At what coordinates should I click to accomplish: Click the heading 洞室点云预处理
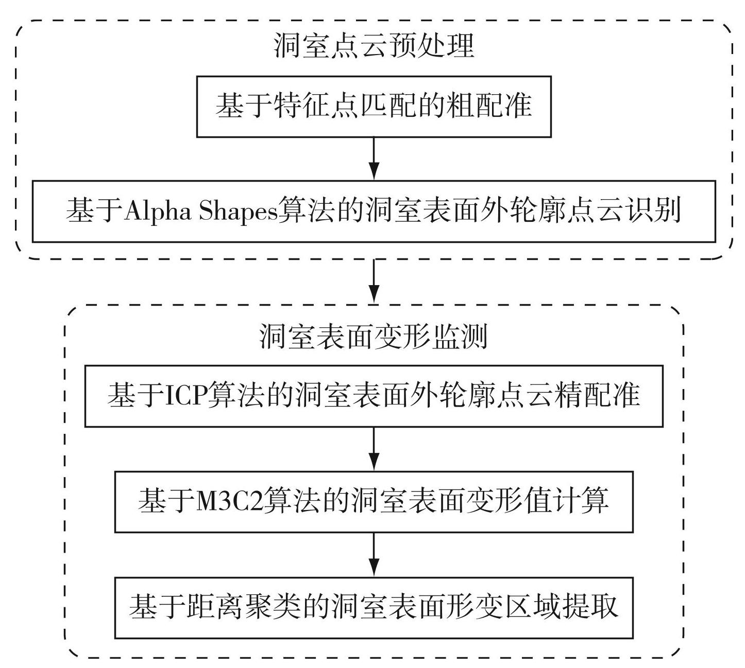coord(374,46)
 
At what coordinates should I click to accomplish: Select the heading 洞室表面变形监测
coord(374,336)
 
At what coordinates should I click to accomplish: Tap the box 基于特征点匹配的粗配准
coord(374,107)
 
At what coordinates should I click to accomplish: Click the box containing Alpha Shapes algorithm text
coord(374,212)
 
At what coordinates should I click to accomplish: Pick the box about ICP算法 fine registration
coord(374,396)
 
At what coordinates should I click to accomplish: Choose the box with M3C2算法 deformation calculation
coord(374,502)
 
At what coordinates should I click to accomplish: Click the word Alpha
coord(158,212)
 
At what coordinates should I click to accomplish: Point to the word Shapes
coord(238,212)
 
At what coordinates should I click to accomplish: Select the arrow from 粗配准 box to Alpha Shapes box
coord(374,159)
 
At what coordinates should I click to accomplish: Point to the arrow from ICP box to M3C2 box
coord(374,449)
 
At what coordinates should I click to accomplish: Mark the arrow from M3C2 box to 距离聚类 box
coord(374,555)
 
